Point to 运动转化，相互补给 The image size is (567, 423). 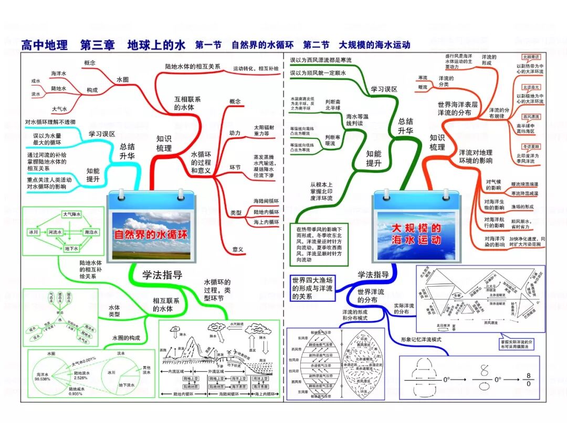tap(256, 69)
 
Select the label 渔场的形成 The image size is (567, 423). tap(522, 207)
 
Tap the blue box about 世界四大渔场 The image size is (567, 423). tap(313, 287)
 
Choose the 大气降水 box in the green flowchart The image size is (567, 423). tap(71, 214)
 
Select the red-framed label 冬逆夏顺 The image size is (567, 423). tap(531, 146)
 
